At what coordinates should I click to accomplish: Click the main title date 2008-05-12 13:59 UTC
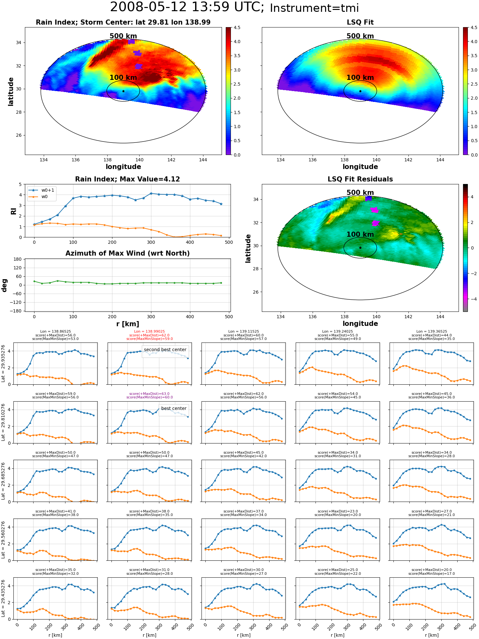point(187,7)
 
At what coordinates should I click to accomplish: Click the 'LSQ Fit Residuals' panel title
point(360,179)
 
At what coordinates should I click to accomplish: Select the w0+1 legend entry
point(42,190)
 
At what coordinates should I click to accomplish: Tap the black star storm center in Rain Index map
point(123,91)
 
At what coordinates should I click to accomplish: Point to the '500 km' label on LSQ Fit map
point(360,36)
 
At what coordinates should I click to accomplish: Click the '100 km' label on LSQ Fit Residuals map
point(360,235)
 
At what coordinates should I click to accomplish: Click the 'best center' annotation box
point(174,409)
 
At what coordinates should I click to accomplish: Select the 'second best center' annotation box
point(165,350)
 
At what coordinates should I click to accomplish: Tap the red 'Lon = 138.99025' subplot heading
point(149,332)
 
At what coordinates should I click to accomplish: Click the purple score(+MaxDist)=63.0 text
point(149,394)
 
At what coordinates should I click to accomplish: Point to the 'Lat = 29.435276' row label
point(3,598)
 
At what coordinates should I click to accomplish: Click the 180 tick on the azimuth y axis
point(18,259)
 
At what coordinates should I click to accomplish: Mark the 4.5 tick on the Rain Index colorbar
point(237,27)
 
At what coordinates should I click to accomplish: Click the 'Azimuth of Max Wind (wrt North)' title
point(128,253)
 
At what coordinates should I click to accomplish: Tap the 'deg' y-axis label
point(4,285)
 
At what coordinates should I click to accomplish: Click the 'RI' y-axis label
point(13,211)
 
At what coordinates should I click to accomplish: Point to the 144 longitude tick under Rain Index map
point(203,160)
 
